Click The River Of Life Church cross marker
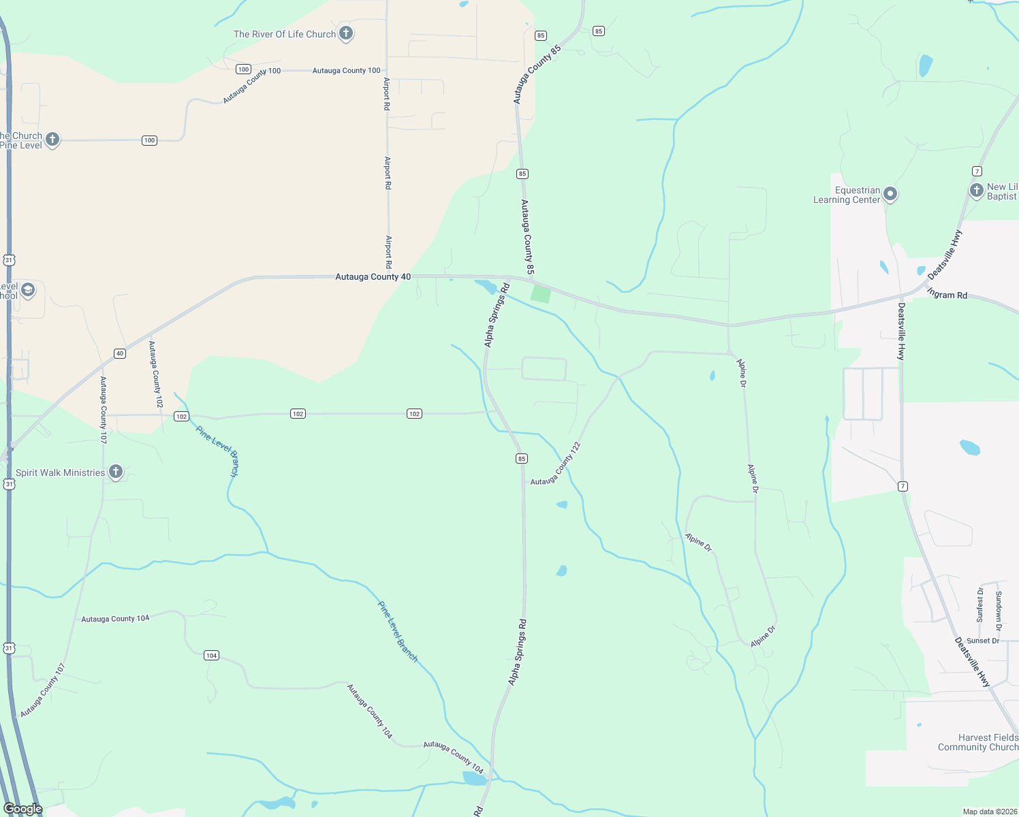(346, 33)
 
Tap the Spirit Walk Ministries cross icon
(116, 472)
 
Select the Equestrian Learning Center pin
(890, 195)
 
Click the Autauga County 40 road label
(373, 277)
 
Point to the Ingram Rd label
(947, 294)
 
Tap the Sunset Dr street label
(983, 641)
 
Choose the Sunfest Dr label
(980, 605)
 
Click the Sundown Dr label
(999, 611)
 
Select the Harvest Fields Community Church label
(978, 742)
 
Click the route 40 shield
(120, 353)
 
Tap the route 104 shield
(211, 656)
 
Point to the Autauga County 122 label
(556, 464)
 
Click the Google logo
(22, 809)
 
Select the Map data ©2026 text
(987, 812)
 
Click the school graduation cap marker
(28, 290)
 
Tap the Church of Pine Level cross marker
(52, 140)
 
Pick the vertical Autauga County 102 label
(156, 374)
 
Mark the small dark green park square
(541, 294)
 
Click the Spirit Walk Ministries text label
(61, 472)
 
